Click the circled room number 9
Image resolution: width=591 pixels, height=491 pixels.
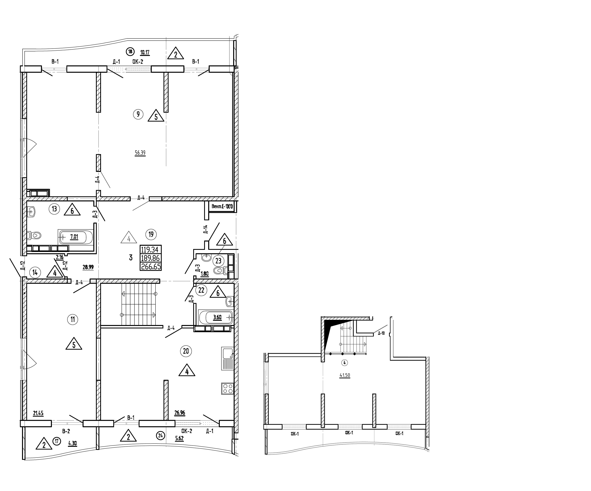click(x=138, y=114)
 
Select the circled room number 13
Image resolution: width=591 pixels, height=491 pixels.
click(x=54, y=209)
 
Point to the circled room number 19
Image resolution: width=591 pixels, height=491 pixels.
click(x=151, y=234)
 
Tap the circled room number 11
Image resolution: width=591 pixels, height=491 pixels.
click(x=73, y=319)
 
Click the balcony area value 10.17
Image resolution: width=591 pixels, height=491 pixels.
click(x=145, y=52)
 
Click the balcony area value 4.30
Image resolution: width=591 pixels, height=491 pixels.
click(x=72, y=444)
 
